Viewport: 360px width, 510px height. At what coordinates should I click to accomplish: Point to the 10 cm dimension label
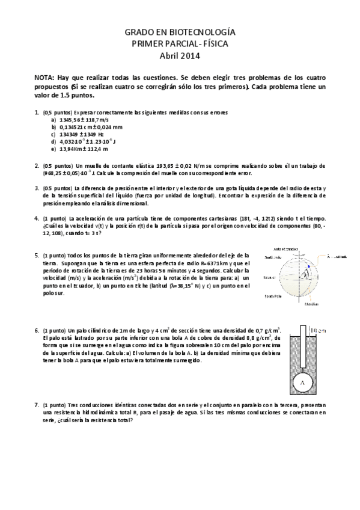pos(319,330)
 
